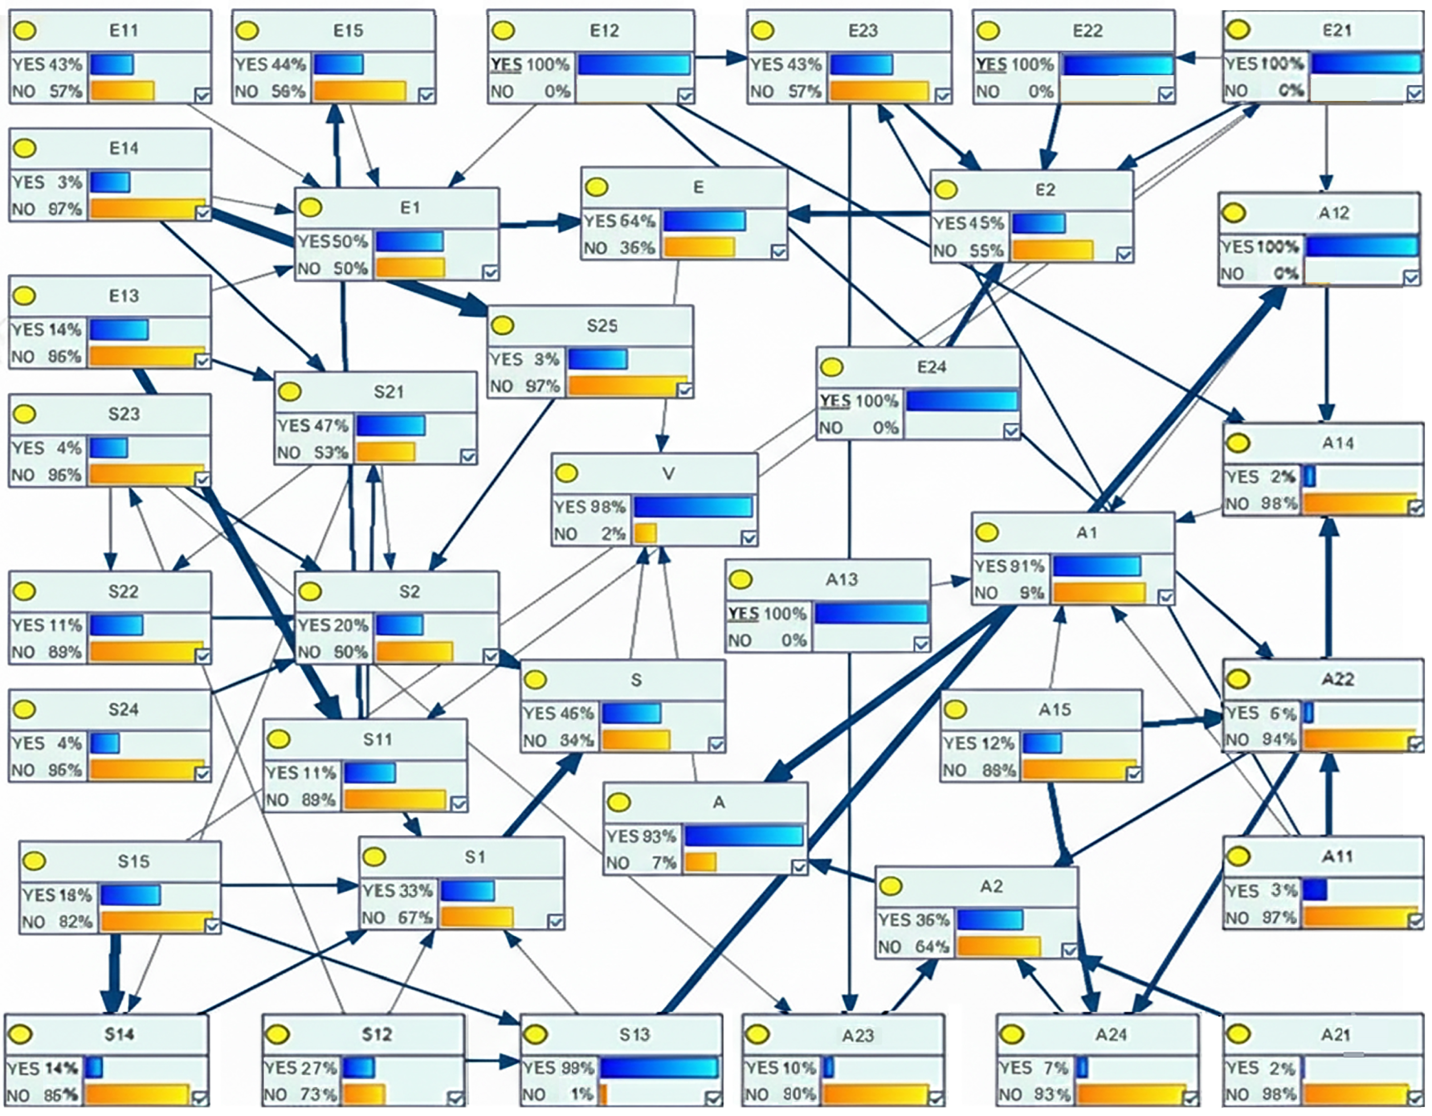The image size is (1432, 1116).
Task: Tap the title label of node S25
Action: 602,326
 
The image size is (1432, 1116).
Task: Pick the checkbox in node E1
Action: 490,272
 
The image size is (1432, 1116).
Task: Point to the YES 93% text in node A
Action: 640,837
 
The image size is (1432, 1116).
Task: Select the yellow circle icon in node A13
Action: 741,580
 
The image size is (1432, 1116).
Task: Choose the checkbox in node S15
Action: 212,925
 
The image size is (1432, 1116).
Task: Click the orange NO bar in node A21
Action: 1356,1094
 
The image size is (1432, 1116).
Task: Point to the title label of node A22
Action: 1338,679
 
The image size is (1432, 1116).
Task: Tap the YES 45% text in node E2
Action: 969,224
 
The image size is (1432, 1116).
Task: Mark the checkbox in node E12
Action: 685,96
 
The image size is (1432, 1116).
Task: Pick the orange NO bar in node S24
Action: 147,770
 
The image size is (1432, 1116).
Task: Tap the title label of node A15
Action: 1054,709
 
